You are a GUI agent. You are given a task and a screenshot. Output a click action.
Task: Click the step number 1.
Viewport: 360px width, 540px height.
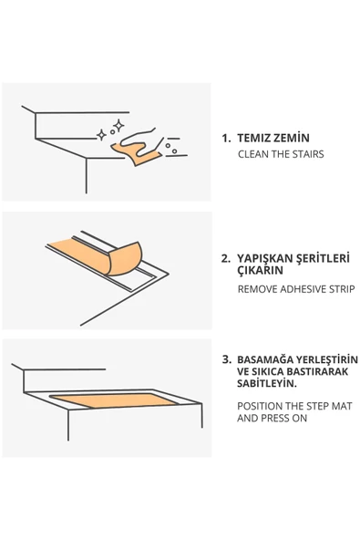[226, 139]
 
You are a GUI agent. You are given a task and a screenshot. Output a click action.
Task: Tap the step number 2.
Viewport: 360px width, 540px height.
[226, 259]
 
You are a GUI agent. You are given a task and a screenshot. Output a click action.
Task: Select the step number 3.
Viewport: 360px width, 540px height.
[227, 359]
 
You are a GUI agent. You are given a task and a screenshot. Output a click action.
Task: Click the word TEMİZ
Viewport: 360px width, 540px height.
[254, 138]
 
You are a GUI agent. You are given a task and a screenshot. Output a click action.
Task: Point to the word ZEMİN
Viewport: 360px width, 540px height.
[292, 138]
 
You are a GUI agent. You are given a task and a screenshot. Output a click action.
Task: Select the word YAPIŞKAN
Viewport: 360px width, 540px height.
[264, 259]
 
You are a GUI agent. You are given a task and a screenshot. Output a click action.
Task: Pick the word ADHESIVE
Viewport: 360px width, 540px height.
[303, 289]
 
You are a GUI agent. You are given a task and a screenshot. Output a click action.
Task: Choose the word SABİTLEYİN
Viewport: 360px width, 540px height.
[267, 383]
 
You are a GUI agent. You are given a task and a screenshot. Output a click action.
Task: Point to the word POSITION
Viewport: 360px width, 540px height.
[260, 407]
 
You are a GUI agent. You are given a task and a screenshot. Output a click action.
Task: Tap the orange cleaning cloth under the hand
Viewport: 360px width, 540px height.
[137, 154]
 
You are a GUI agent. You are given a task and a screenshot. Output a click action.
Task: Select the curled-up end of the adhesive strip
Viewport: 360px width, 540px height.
[125, 258]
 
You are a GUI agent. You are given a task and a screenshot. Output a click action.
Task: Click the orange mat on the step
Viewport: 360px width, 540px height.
[114, 400]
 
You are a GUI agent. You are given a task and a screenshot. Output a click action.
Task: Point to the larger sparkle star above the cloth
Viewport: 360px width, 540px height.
[118, 126]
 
